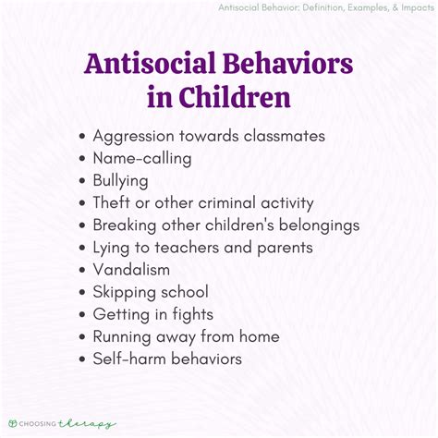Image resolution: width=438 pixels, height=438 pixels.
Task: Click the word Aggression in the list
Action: [137, 135]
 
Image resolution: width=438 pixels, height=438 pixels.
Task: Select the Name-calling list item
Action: [142, 158]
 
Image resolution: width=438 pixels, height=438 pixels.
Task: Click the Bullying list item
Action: [122, 180]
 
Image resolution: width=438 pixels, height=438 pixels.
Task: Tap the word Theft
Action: [115, 202]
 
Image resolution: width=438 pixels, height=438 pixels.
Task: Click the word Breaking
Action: [127, 225]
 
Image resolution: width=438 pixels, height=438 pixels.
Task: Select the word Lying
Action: [114, 247]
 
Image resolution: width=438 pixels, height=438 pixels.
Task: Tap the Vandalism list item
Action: [131, 269]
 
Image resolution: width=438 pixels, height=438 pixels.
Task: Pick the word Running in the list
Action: [126, 335]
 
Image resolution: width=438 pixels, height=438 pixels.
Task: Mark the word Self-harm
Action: [130, 358]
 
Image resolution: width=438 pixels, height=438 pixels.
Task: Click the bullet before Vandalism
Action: [83, 270]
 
